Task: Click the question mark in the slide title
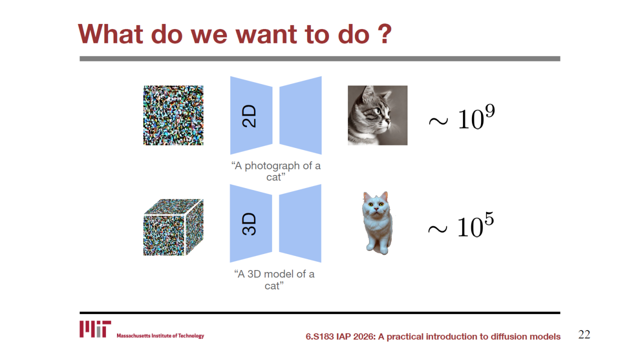tap(382, 34)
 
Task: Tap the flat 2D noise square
tap(173, 115)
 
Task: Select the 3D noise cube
tap(173, 227)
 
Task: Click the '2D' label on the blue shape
tap(249, 115)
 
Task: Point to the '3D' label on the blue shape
tap(249, 223)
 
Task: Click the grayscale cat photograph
tap(377, 115)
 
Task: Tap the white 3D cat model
tap(377, 223)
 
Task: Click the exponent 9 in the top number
tap(490, 111)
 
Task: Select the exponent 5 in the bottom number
tap(489, 219)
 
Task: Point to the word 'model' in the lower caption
tap(279, 274)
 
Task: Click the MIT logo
tap(95, 329)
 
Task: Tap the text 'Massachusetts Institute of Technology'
tap(160, 335)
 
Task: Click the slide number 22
tap(584, 334)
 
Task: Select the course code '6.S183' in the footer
tap(319, 336)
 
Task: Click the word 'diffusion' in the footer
tap(508, 336)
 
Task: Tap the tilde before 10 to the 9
tap(438, 121)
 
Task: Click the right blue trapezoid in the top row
tap(300, 115)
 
